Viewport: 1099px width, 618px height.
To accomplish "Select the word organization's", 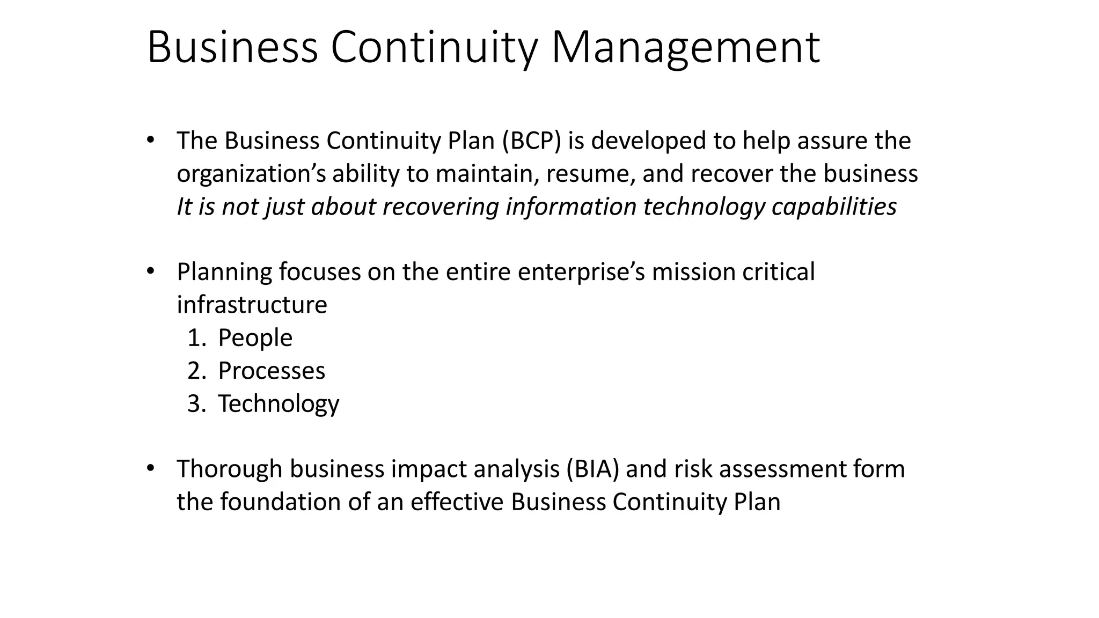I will [x=251, y=174].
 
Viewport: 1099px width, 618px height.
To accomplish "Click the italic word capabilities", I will [x=834, y=207].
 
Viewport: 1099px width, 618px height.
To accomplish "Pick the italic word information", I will [x=570, y=207].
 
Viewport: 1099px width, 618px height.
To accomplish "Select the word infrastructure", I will [x=252, y=305].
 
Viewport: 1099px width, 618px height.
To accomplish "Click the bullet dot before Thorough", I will [x=150, y=468].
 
